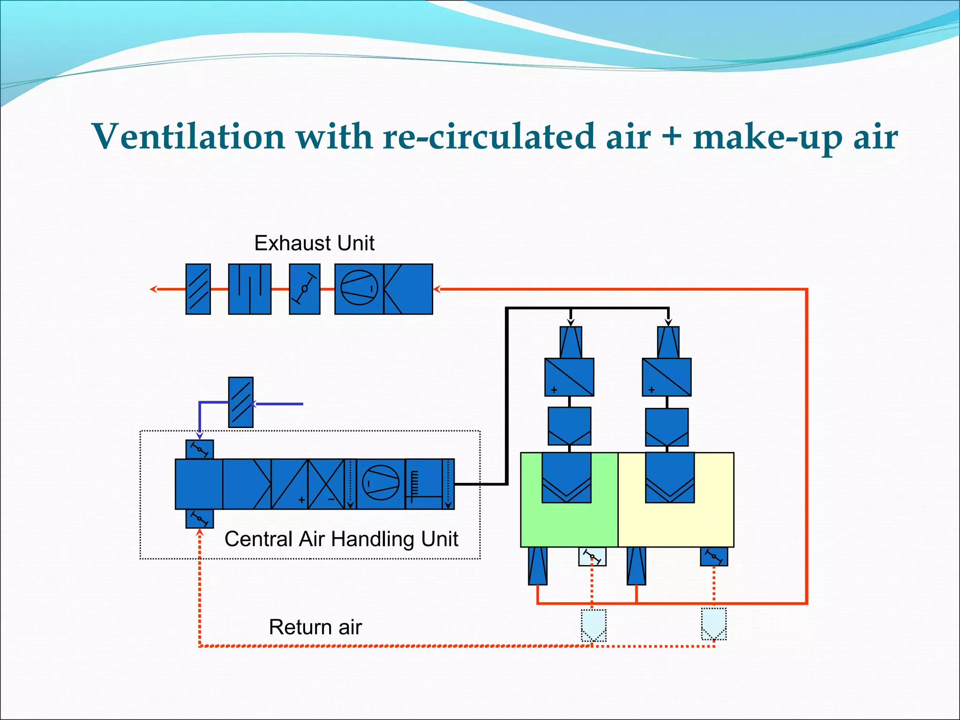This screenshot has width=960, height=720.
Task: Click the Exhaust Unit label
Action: (314, 243)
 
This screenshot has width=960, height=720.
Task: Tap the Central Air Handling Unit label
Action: (341, 539)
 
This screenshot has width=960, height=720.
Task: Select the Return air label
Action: (315, 627)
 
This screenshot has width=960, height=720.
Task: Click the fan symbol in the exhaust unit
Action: (359, 288)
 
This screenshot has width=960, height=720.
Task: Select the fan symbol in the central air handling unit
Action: (381, 483)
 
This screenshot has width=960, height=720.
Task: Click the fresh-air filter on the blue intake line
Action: (240, 402)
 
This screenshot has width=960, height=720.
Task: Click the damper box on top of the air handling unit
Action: (200, 449)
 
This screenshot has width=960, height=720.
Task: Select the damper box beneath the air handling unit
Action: (200, 518)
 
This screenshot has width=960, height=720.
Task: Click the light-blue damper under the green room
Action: (592, 557)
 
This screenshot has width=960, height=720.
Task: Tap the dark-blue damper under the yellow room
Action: (714, 556)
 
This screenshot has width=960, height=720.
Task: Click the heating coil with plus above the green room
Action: (569, 377)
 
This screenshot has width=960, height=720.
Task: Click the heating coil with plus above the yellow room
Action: (667, 377)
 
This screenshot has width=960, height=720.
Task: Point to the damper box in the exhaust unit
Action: (305, 289)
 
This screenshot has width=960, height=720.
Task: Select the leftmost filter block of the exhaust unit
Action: (198, 289)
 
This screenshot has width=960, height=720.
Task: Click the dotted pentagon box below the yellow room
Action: (714, 624)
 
